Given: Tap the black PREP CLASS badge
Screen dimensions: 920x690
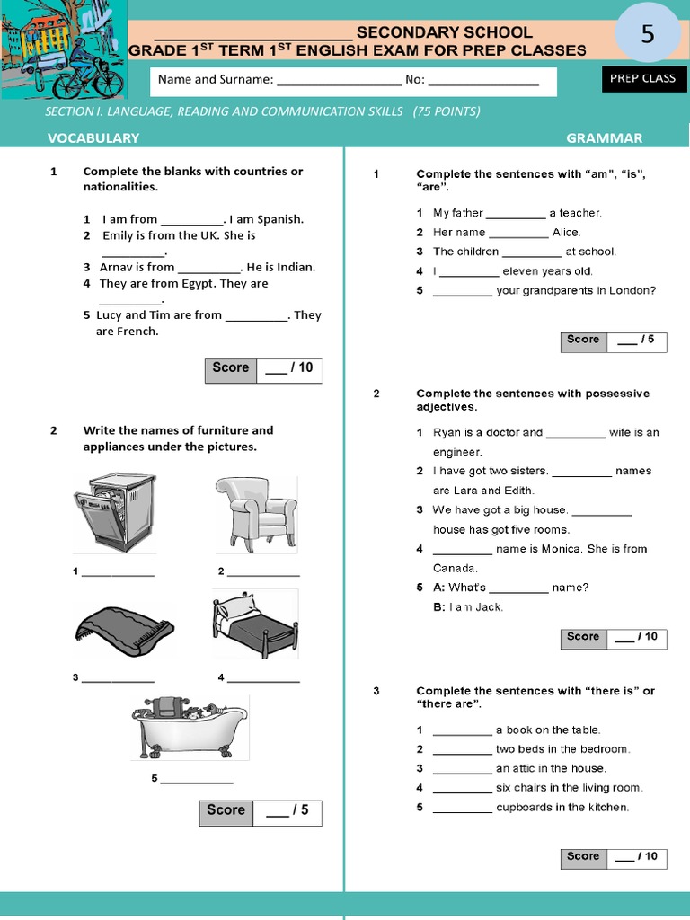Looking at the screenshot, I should pyautogui.click(x=642, y=79).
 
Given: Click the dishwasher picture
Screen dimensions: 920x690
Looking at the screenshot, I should pyautogui.click(x=114, y=512).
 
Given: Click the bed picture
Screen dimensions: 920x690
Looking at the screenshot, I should pyautogui.click(x=255, y=624).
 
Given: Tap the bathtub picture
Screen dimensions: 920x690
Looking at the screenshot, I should pyautogui.click(x=189, y=726).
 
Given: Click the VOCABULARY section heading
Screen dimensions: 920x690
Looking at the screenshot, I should pyautogui.click(x=93, y=137).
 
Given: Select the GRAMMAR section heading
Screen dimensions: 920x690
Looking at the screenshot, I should pyautogui.click(x=604, y=137).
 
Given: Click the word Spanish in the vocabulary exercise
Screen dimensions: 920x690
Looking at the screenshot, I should pyautogui.click(x=280, y=219).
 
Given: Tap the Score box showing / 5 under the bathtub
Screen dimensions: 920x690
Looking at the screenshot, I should pyautogui.click(x=260, y=811).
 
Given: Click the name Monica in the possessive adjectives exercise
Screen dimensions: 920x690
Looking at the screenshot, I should pyautogui.click(x=562, y=549).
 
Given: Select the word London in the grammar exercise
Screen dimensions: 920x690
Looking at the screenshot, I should pyautogui.click(x=634, y=290).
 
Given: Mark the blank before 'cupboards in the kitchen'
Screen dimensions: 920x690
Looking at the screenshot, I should pyautogui.click(x=462, y=807).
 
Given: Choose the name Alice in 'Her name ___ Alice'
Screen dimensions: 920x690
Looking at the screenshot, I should pyautogui.click(x=566, y=233).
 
